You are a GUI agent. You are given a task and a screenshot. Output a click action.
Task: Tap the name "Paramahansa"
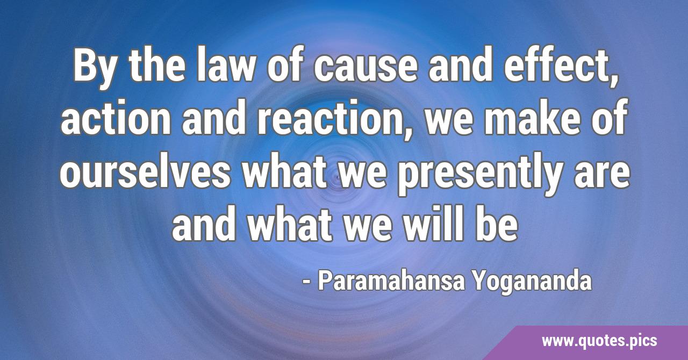[x=391, y=281]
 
